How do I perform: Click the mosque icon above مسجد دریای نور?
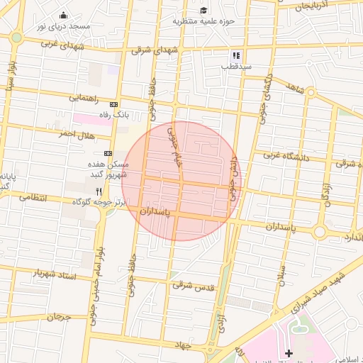63,16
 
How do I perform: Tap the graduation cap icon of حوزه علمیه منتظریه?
204,11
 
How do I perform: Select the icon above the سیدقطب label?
236,55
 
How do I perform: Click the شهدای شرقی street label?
155,50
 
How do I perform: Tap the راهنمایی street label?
84,97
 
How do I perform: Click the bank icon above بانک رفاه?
113,105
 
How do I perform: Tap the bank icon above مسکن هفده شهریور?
108,153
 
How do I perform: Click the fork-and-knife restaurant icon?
99,191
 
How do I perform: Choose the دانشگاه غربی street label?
286,155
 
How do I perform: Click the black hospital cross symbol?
289,353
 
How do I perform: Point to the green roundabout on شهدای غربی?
16,37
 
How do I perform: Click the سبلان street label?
281,274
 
